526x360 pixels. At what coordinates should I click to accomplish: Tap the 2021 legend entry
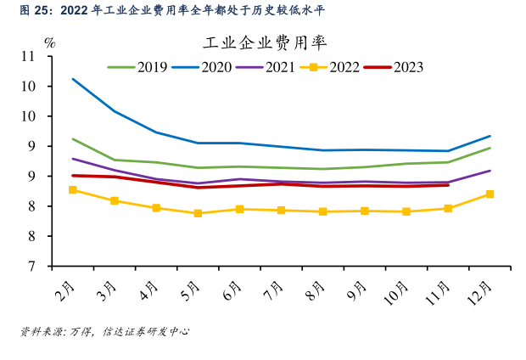286,67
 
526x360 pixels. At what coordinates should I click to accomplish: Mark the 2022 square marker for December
490,194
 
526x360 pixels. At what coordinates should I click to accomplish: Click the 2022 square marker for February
73,190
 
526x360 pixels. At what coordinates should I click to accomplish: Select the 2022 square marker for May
198,213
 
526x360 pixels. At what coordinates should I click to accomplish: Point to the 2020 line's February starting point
73,79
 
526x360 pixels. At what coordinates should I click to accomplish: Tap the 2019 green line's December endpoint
490,148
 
